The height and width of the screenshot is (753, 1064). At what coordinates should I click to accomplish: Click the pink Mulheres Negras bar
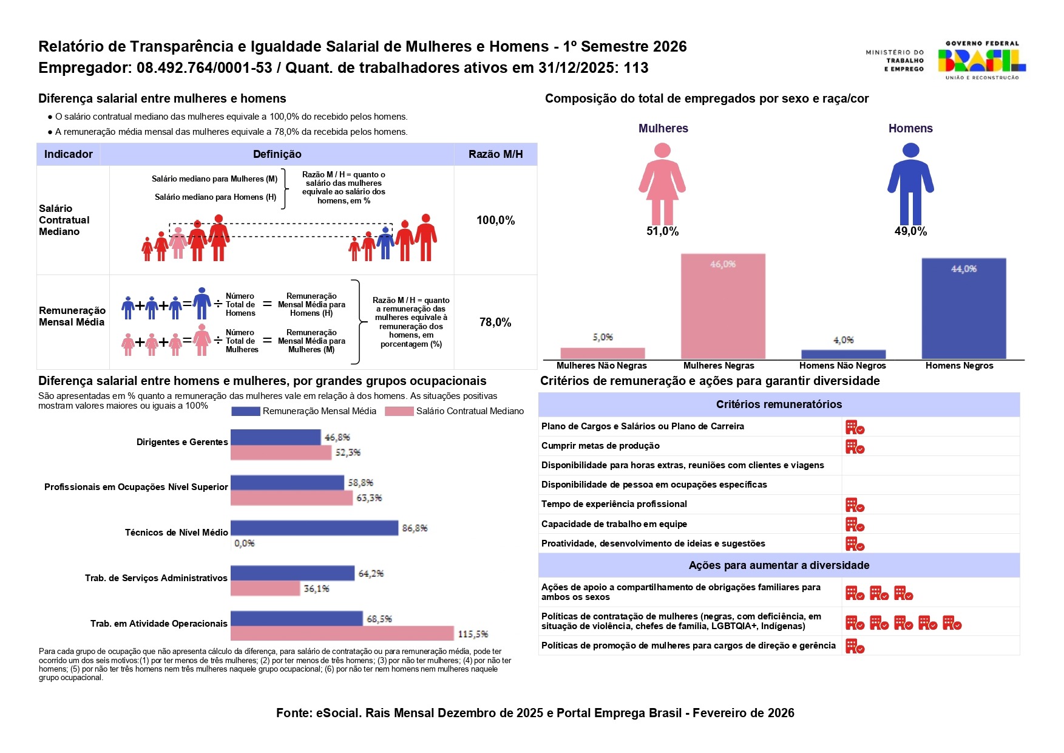click(x=722, y=306)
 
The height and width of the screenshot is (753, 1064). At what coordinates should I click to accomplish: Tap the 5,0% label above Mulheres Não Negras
click(x=603, y=337)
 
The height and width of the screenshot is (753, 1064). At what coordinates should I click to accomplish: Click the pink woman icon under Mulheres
click(x=662, y=183)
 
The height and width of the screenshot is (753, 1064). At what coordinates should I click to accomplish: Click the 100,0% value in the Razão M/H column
click(x=495, y=220)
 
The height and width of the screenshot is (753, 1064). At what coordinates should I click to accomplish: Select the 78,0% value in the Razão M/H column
click(x=495, y=322)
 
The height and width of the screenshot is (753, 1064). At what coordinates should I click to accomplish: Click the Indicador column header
click(x=69, y=154)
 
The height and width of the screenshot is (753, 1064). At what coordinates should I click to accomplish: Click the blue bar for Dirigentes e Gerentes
click(x=276, y=437)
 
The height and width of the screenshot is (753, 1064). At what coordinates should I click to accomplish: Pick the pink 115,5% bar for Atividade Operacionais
click(x=342, y=633)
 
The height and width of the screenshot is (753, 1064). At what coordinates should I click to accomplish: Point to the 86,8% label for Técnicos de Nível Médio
click(x=415, y=528)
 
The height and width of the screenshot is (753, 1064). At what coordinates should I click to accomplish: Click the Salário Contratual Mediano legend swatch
click(x=399, y=411)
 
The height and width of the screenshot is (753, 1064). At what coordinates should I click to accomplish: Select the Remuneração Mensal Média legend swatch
click(x=246, y=411)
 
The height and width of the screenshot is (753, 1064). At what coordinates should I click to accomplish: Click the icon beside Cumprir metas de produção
click(x=855, y=447)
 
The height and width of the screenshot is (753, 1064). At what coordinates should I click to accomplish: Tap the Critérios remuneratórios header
click(x=779, y=404)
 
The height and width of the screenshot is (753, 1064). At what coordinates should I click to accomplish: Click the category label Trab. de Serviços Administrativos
click(x=156, y=578)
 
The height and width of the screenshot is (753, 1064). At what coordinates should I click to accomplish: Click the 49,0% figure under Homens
click(x=910, y=231)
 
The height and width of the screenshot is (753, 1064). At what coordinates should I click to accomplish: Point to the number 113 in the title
click(x=635, y=68)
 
